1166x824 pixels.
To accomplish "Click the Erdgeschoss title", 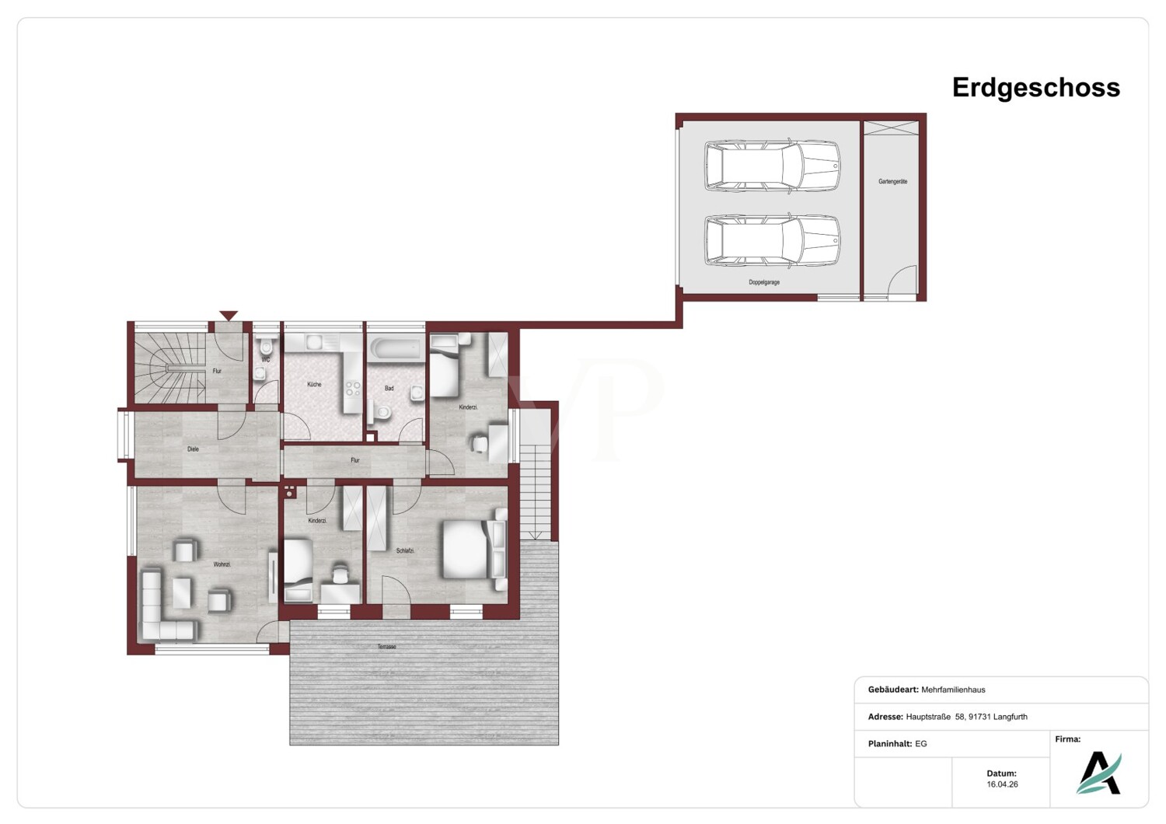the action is click(1036, 88).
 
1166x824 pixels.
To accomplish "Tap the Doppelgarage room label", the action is click(764, 282).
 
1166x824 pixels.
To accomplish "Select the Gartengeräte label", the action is click(892, 182).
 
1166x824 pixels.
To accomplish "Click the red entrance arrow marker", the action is click(229, 316).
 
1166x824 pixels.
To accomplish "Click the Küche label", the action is click(314, 385).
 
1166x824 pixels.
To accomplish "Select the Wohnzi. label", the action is click(222, 564).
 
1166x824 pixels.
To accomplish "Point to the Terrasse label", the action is click(387, 647).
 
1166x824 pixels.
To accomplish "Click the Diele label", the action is click(193, 449).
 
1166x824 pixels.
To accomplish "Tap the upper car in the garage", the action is click(773, 166).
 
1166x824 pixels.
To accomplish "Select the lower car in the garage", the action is click(773, 241).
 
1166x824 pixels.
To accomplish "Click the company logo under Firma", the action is click(1099, 773).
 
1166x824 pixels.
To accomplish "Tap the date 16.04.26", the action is click(1002, 784).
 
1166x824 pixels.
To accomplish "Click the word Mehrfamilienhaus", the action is click(953, 690).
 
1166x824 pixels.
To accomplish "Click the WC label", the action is click(266, 360).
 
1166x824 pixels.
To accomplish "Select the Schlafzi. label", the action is click(405, 550).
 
